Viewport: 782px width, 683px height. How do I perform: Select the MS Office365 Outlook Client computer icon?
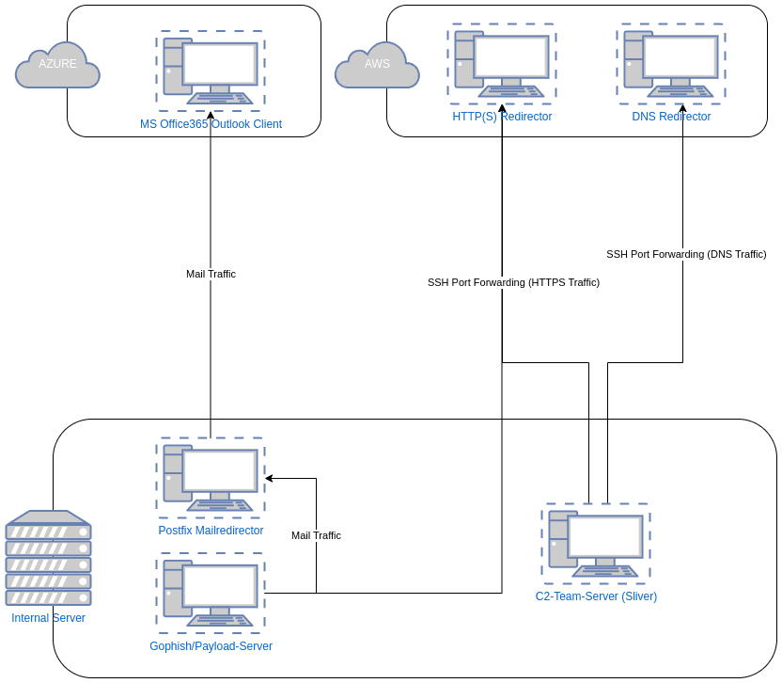coord(211,68)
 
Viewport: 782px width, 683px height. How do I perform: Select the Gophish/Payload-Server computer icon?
coord(211,593)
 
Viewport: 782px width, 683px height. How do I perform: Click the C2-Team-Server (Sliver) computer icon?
coord(595,543)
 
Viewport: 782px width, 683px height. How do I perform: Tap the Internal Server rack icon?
coord(48,559)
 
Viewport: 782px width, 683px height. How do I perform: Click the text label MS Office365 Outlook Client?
coord(211,124)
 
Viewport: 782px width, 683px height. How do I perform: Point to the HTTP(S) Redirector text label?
coord(502,117)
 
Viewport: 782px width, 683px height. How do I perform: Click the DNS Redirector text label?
coord(671,117)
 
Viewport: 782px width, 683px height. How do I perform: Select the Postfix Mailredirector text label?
coord(211,531)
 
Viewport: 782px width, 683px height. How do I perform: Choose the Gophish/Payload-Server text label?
coord(211,646)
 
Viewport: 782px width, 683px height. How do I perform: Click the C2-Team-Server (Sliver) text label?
coord(596,596)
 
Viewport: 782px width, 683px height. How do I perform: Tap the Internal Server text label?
coord(48,618)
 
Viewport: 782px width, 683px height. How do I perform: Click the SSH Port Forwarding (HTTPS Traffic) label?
coord(513,282)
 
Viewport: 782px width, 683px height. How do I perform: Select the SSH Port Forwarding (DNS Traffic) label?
coord(686,254)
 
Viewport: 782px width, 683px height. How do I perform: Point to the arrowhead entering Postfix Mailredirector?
coord(269,479)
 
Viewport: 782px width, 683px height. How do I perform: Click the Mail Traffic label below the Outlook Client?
coord(211,275)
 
